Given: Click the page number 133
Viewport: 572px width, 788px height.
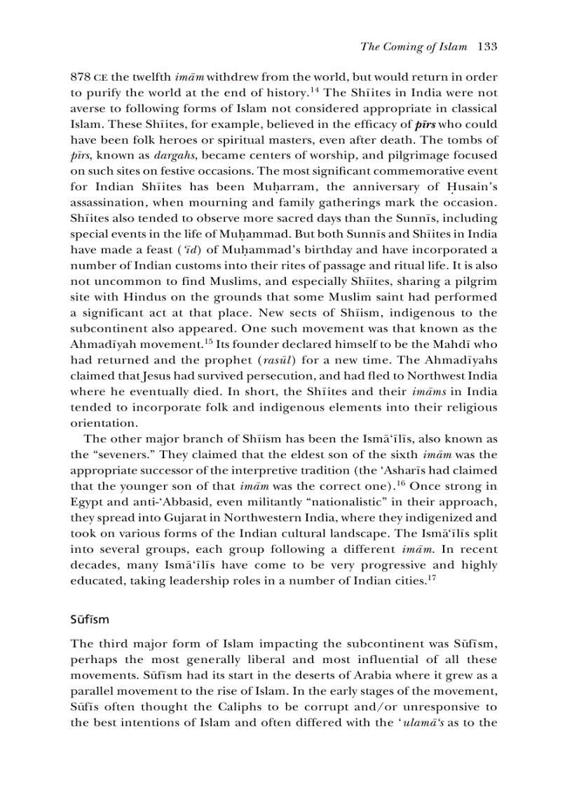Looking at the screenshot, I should point(486,47).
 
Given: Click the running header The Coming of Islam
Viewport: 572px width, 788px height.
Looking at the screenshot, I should point(413,47).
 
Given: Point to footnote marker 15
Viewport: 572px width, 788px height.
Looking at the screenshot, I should point(208,341).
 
